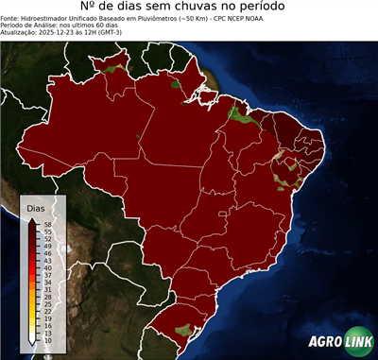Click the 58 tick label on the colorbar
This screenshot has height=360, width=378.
[47, 224]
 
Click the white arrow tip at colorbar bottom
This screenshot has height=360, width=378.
[34, 346]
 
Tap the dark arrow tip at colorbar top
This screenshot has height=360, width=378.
[34, 218]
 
